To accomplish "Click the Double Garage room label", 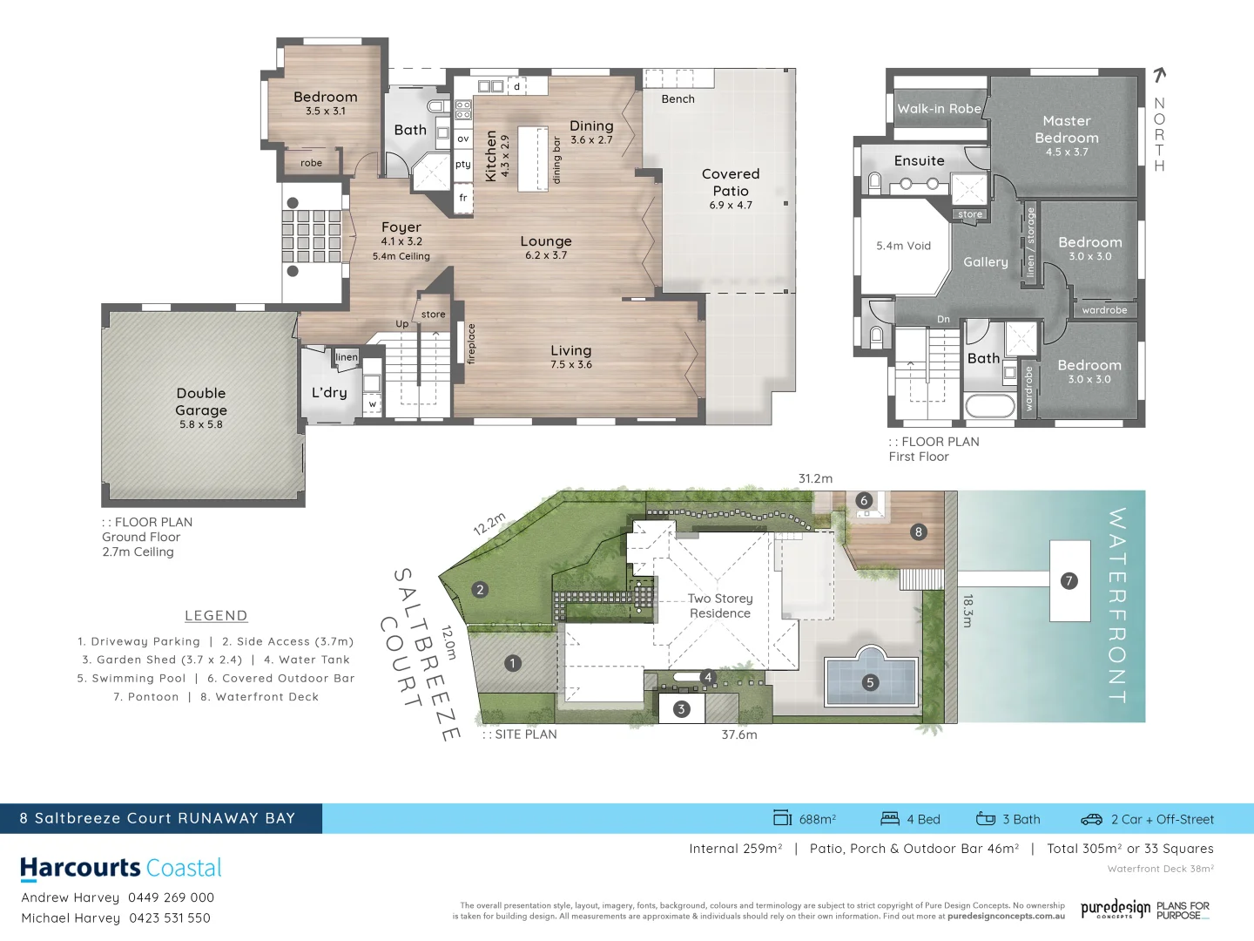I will coord(201,402).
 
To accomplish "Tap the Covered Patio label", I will coord(731,182).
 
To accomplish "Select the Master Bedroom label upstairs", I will coord(1067,130).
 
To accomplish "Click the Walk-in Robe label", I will coord(939,109).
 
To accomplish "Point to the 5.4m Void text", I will coord(903,246).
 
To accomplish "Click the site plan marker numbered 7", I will coord(1069,581).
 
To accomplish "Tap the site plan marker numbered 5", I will coord(870,682).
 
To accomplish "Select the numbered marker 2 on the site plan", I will coord(480,590).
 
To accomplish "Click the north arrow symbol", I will coord(1159,76).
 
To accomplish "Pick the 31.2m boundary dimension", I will coord(815,478).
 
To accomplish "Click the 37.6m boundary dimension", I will coord(738,735).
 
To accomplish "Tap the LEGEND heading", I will coord(216,616).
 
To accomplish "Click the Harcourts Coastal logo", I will coord(121,868).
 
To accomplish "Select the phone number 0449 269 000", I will coord(171,897).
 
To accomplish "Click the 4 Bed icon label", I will coord(912,819).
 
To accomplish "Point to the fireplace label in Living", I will coord(472,343).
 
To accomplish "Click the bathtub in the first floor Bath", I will coord(989,406).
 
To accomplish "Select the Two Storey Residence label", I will coord(719,606).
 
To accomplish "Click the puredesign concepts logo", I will coord(1116,910).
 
